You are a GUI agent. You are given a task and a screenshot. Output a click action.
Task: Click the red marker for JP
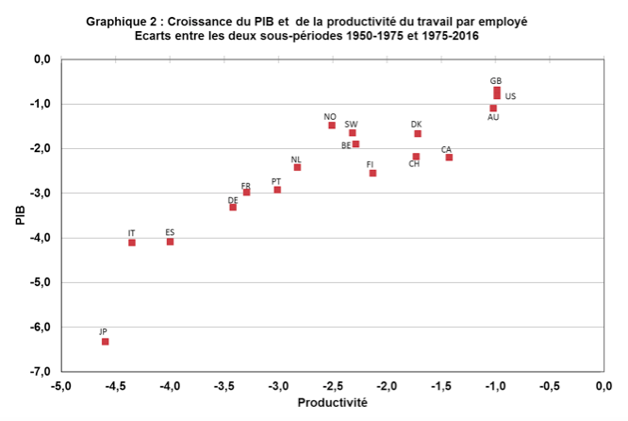click(x=106, y=342)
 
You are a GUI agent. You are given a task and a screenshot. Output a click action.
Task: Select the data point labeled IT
click(x=132, y=243)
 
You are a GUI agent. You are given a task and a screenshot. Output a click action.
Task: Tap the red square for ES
click(x=170, y=242)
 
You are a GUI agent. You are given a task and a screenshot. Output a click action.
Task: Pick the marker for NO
click(x=332, y=126)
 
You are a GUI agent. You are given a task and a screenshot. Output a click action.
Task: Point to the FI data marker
click(x=372, y=174)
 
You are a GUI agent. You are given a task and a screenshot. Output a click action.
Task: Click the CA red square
click(x=449, y=158)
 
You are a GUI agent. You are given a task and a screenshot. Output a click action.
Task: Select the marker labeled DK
click(x=418, y=134)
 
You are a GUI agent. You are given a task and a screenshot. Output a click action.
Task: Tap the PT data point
click(x=277, y=190)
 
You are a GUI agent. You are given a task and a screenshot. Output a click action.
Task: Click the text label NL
click(x=296, y=160)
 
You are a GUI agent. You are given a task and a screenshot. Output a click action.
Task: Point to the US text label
click(x=510, y=96)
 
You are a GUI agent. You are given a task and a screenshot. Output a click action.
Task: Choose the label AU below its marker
click(x=493, y=118)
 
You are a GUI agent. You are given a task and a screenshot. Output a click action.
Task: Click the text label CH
click(x=414, y=164)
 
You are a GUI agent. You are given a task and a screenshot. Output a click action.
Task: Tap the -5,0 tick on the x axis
click(x=61, y=385)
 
